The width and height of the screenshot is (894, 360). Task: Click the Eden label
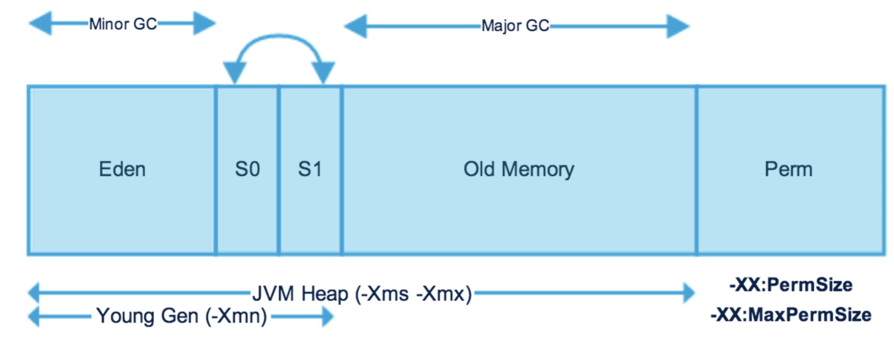[x=122, y=169]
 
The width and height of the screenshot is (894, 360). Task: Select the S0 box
[x=247, y=169]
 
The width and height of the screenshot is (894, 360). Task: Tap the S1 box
[x=310, y=169]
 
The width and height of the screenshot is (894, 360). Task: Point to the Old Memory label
[x=519, y=169]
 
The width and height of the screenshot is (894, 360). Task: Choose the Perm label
[x=788, y=169]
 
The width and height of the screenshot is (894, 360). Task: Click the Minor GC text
[x=123, y=24]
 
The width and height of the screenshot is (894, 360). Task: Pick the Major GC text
[x=515, y=26]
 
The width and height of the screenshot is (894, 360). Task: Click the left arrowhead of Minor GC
[x=41, y=23]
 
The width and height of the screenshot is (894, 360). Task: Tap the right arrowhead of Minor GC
[x=204, y=23]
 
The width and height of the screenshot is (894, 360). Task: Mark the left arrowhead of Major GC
[x=356, y=26]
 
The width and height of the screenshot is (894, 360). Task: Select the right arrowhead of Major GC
[x=677, y=26]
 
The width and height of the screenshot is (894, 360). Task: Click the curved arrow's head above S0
[x=234, y=72]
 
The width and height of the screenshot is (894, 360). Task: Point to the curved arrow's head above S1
[x=323, y=72]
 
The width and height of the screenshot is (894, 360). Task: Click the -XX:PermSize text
[x=791, y=285]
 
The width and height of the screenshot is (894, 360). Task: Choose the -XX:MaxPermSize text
[x=791, y=315]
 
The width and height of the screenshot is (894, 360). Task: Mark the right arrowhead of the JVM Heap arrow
[x=689, y=293]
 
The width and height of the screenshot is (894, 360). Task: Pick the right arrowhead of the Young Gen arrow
[x=328, y=317]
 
